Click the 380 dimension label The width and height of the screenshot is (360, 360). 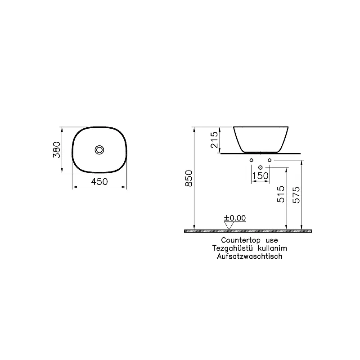coord(56,149)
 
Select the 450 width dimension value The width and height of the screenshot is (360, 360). coord(99,182)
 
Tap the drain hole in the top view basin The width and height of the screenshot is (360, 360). coord(99,149)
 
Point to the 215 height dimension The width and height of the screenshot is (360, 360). coord(214,140)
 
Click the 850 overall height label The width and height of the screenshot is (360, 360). coord(189,179)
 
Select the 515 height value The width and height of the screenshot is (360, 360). coord(281,194)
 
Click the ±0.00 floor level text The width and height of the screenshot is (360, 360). coord(235,218)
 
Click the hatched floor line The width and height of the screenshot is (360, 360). coord(247,231)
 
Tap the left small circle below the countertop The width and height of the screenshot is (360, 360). coord(252,160)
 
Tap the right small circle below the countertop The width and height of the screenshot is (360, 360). coord(269,160)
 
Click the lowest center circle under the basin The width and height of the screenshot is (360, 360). coord(260,167)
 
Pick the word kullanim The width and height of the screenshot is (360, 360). coord(271,248)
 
